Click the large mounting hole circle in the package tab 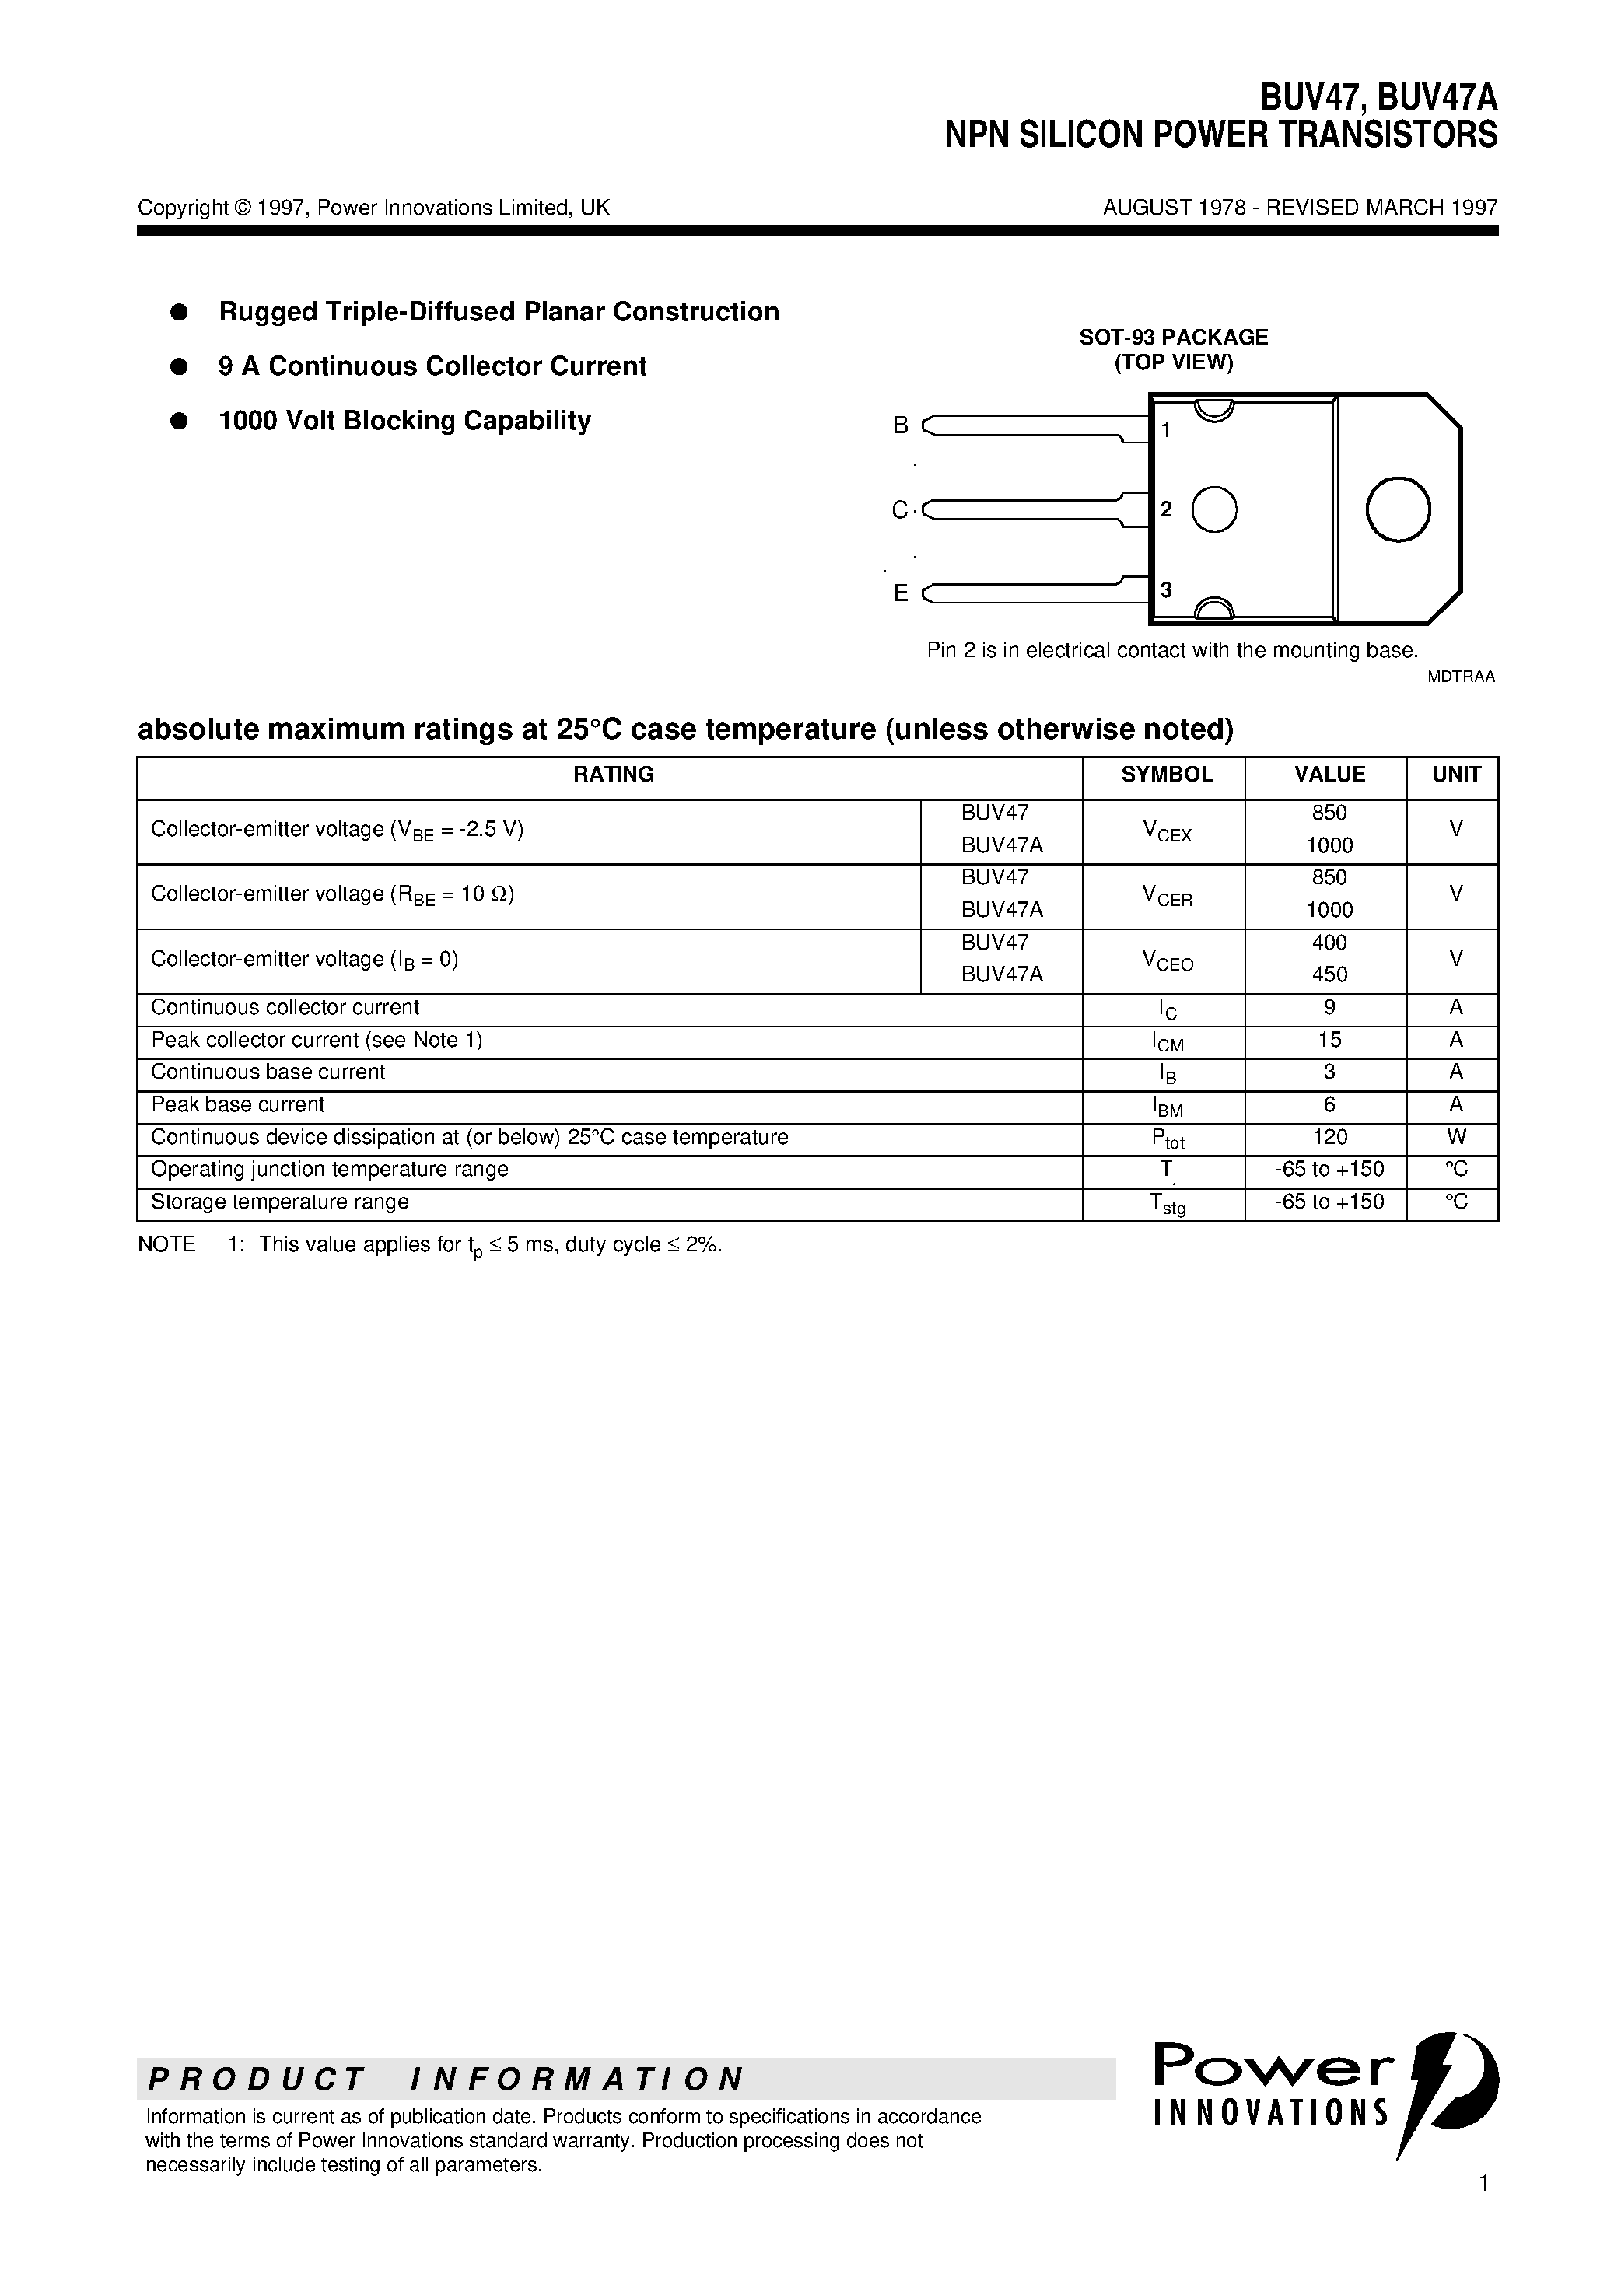coord(1397,509)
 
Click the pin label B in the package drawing coord(901,425)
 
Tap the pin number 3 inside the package coord(1166,590)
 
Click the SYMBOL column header coord(1166,775)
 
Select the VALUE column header coord(1329,775)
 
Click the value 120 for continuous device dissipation coord(1329,1137)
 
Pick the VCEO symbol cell coord(1167,960)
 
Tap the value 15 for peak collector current coord(1329,1040)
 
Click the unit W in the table coord(1455,1137)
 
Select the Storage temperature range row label coord(279,1202)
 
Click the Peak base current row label coord(238,1104)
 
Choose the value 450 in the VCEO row coord(1329,974)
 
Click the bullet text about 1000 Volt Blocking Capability coord(404,421)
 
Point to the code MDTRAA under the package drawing coord(1460,677)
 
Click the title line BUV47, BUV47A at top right coord(1378,98)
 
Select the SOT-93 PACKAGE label coord(1173,337)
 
